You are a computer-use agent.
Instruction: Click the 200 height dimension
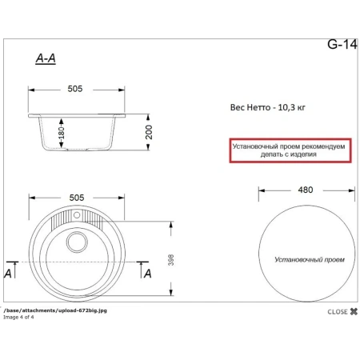pyautogui.click(x=148, y=133)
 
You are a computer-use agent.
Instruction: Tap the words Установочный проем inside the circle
pyautogui.click(x=304, y=260)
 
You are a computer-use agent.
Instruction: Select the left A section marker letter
pyautogui.click(x=8, y=274)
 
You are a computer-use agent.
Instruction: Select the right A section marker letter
pyautogui.click(x=147, y=274)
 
